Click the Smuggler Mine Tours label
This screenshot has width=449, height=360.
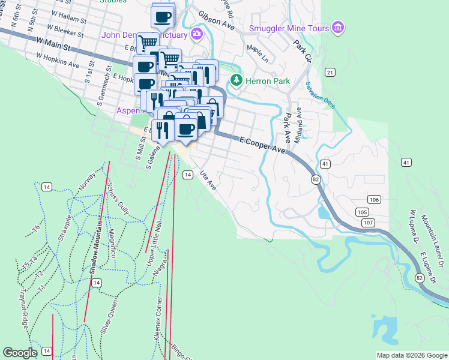click(289, 28)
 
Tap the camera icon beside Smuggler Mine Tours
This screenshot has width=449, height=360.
click(339, 28)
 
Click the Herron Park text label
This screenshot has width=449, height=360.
click(268, 81)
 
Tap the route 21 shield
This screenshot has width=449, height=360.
click(330, 72)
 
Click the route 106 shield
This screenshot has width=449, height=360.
click(374, 199)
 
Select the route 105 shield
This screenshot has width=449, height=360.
click(361, 212)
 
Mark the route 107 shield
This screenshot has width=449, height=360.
click(369, 223)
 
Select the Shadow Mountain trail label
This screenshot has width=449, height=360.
click(94, 246)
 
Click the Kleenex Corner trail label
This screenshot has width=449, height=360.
click(158, 318)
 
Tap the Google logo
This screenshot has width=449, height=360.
click(20, 352)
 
